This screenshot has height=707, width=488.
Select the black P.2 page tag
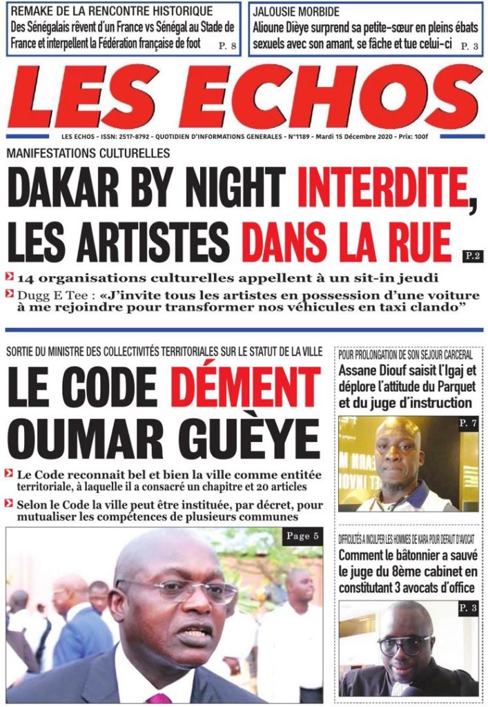click(473, 256)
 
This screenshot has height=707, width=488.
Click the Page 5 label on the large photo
click(301, 536)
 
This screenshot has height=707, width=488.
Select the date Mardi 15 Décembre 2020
click(359, 138)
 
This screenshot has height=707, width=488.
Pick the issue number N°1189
click(299, 138)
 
